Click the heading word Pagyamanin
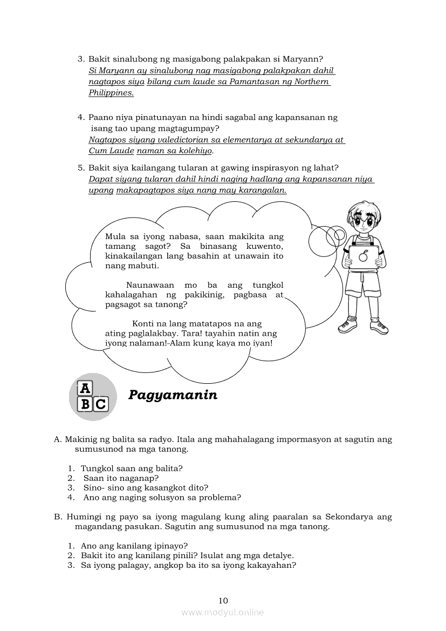pos(173,395)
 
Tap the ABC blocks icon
pos(93,397)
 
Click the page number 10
pos(223,600)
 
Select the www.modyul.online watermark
pos(223,612)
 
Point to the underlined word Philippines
pos(111,93)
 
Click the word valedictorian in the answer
pos(166,140)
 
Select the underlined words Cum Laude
pos(111,151)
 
